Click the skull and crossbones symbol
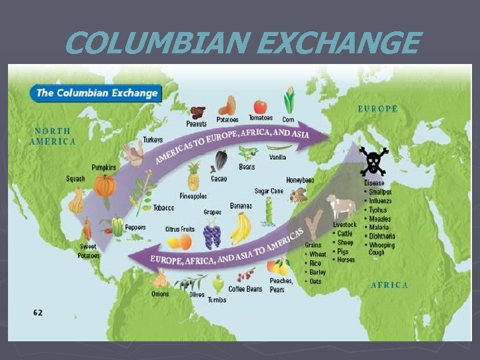(373, 161)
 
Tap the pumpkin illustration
(105, 185)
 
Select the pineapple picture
(193, 177)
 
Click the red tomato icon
(260, 107)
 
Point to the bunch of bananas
(241, 228)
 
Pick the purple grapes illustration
(212, 235)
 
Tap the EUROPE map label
(378, 108)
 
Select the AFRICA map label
(389, 285)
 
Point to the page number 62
(39, 312)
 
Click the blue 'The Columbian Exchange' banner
(97, 93)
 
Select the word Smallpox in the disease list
(381, 191)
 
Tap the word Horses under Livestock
(346, 259)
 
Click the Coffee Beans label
(245, 289)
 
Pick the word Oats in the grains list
(315, 281)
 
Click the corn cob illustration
(289, 101)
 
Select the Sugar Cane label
(269, 191)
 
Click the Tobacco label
(163, 208)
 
